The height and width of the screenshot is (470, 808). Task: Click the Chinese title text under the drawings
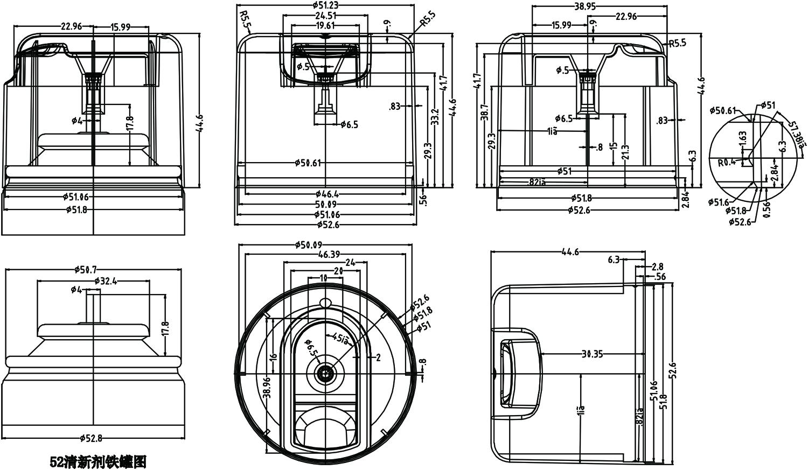97,461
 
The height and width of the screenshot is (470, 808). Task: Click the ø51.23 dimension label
325,5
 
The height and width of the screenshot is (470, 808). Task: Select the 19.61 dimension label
325,25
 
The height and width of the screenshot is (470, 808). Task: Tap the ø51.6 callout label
718,202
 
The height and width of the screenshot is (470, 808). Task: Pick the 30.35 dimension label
591,354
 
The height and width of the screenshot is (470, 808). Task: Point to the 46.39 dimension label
328,254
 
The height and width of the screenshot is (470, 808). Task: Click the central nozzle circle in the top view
324,372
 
